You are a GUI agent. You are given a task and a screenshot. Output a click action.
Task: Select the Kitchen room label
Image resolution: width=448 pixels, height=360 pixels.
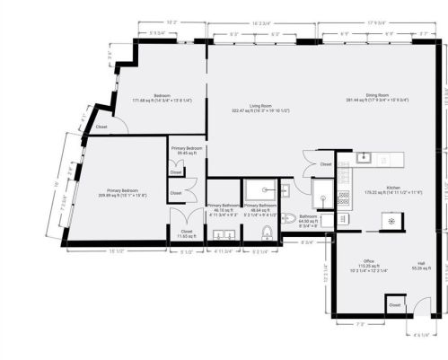(x=392, y=189)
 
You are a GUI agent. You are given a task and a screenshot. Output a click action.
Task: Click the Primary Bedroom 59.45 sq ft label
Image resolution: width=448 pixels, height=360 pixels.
(x=188, y=151)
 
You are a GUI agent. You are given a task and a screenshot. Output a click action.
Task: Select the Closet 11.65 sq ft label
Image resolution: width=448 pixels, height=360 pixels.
(x=187, y=233)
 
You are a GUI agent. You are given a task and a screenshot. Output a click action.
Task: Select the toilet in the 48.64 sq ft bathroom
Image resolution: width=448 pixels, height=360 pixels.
(x=267, y=233)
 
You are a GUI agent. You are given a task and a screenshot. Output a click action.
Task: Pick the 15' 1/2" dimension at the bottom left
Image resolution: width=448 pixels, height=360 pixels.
(x=115, y=251)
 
